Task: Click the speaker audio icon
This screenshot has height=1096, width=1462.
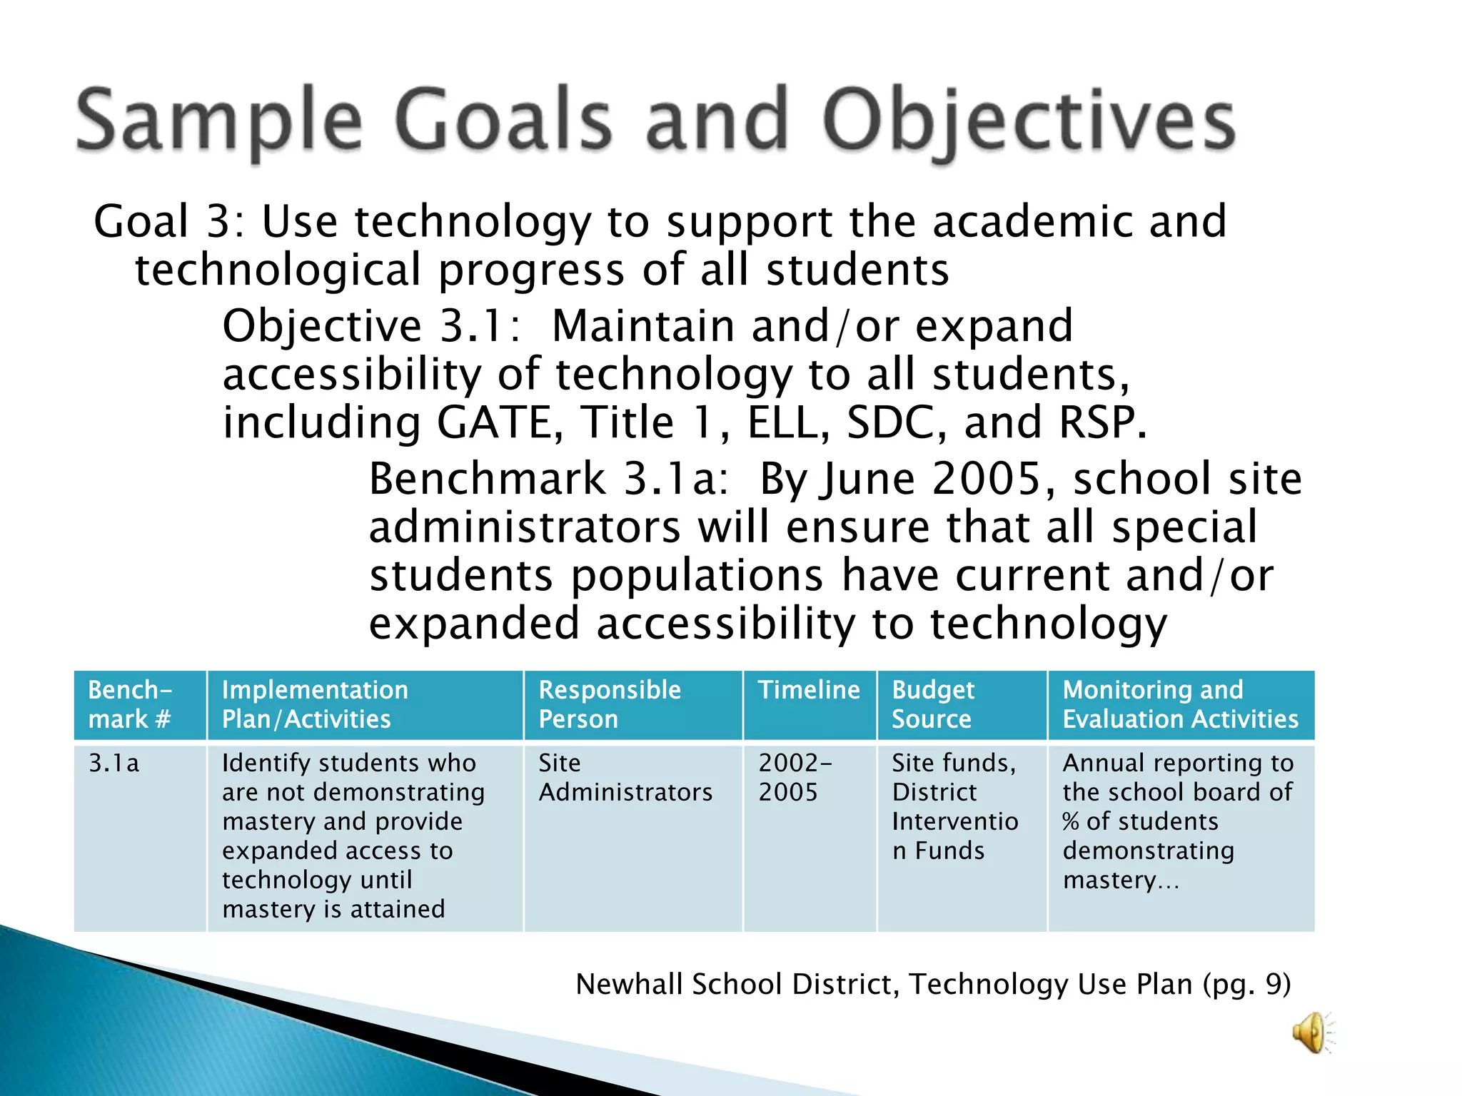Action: [x=1311, y=1032]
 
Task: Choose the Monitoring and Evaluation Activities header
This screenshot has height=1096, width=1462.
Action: [x=1180, y=704]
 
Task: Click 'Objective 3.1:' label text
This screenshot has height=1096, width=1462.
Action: [x=371, y=326]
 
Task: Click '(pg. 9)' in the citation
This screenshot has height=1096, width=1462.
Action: [x=1246, y=984]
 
